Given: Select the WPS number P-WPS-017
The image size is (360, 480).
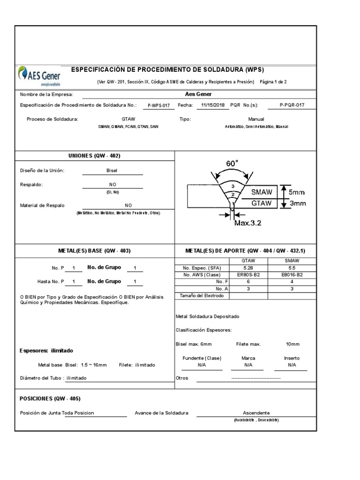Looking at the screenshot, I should pyautogui.click(x=158, y=106).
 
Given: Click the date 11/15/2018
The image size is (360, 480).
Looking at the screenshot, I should pyautogui.click(x=214, y=105).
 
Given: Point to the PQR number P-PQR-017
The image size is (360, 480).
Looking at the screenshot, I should pyautogui.click(x=292, y=105).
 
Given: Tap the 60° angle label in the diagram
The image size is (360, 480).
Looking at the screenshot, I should pyautogui.click(x=232, y=164).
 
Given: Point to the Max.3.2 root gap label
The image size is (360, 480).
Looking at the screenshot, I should pyautogui.click(x=247, y=223).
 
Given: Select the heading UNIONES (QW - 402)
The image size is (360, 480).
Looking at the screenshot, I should pyautogui.click(x=95, y=156).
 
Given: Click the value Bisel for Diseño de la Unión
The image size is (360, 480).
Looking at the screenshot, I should pyautogui.click(x=112, y=171).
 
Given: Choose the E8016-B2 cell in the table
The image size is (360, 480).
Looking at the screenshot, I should pyautogui.click(x=292, y=275).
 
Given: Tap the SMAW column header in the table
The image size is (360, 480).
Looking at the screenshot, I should pyautogui.click(x=292, y=261).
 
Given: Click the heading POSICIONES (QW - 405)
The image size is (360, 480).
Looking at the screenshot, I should pyautogui.click(x=50, y=398).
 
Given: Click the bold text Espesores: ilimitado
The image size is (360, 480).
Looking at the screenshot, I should pyautogui.click(x=46, y=351).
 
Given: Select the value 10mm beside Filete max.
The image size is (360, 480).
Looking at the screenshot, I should pyautogui.click(x=292, y=344).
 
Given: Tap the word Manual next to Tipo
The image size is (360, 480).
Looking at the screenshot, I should pyautogui.click(x=256, y=119).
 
